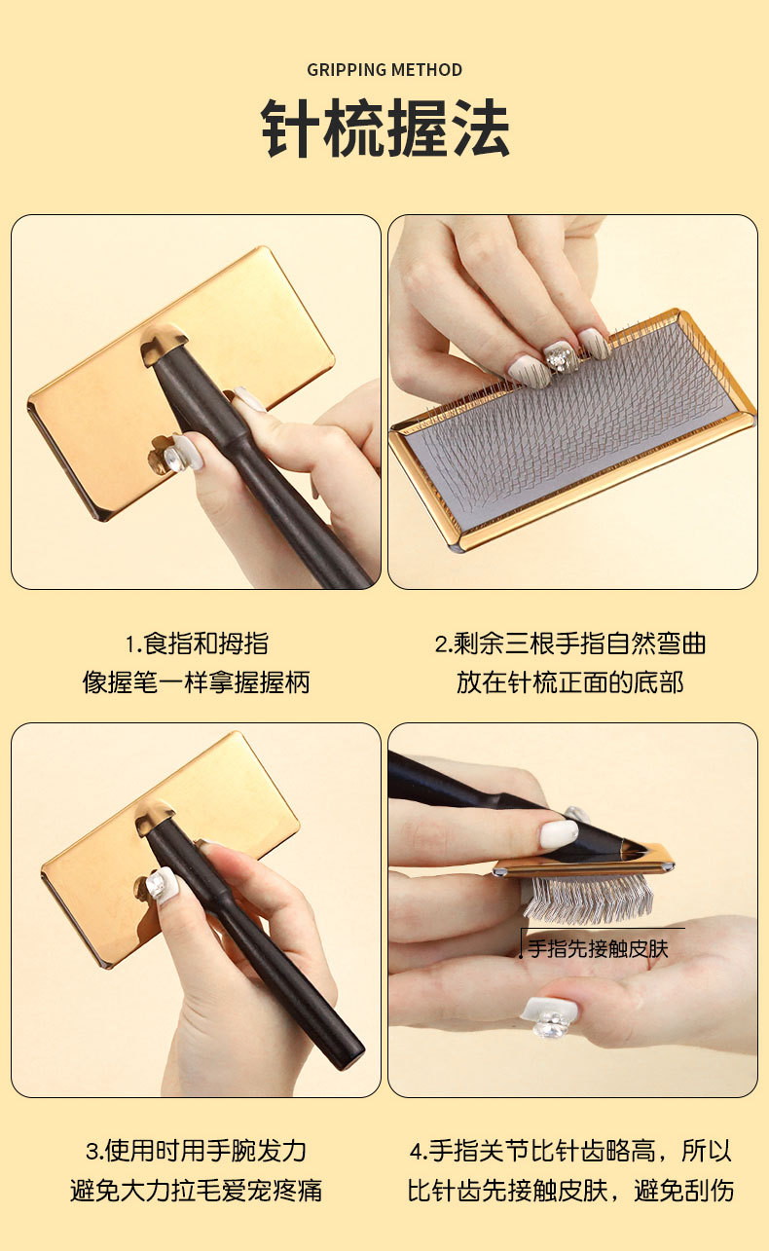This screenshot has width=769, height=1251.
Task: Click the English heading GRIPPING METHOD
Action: tap(384, 70)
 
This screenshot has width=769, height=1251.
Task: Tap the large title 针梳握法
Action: tap(384, 129)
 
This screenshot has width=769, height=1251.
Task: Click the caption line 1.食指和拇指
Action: tap(197, 644)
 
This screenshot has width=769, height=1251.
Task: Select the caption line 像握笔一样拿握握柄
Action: tap(196, 682)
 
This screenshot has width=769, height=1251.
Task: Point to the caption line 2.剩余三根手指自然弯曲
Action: tap(570, 644)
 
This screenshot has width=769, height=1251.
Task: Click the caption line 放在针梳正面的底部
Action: tap(570, 682)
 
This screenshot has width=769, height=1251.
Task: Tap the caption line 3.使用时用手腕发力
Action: tap(196, 1151)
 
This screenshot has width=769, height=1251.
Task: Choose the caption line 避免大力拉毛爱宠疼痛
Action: tap(196, 1190)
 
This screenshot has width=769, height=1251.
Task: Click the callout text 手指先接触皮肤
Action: tap(598, 949)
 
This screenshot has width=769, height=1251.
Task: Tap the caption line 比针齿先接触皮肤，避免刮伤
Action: tap(570, 1190)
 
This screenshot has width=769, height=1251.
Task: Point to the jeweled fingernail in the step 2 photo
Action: tap(559, 358)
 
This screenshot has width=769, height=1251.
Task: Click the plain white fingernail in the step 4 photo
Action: tap(559, 833)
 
